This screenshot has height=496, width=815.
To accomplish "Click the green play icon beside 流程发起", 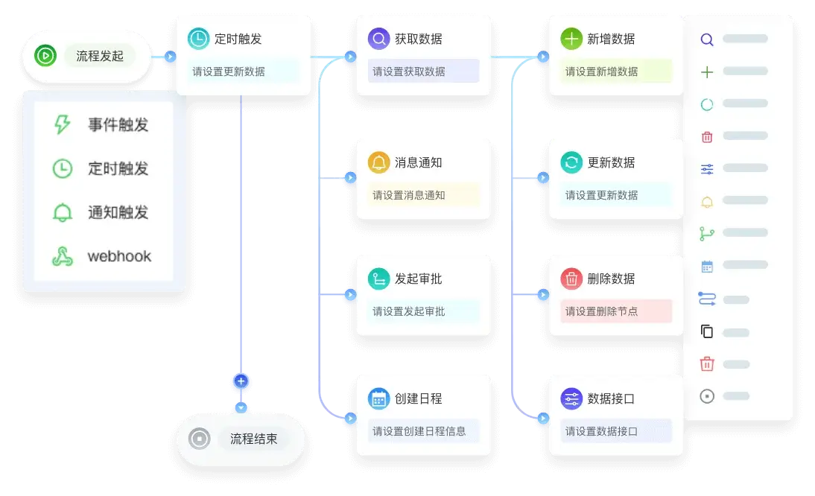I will pyautogui.click(x=45, y=55).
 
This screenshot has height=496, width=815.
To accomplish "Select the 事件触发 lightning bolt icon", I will pyautogui.click(x=62, y=124).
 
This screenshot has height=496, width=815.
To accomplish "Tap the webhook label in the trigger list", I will pyautogui.click(x=119, y=256).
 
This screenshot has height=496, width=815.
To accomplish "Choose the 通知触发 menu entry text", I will pyautogui.click(x=118, y=212).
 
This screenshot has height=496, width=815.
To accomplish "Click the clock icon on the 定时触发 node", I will pyautogui.click(x=198, y=39).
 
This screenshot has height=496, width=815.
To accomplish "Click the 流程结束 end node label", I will pyautogui.click(x=253, y=439).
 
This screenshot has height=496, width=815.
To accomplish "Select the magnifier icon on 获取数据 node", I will pyautogui.click(x=378, y=39).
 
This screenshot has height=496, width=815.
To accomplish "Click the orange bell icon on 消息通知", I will pyautogui.click(x=378, y=162).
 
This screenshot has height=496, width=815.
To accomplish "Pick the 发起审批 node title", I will pyautogui.click(x=418, y=279).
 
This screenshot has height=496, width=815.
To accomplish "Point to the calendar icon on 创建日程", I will pyautogui.click(x=378, y=398).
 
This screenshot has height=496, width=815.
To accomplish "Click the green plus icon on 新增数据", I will pyautogui.click(x=571, y=39).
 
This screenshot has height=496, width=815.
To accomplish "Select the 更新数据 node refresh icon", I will pyautogui.click(x=571, y=162).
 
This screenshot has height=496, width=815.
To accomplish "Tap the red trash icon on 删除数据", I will pyautogui.click(x=571, y=279).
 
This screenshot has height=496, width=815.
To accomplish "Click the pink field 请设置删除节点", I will pyautogui.click(x=616, y=311).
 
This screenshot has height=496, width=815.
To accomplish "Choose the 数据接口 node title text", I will pyautogui.click(x=611, y=398).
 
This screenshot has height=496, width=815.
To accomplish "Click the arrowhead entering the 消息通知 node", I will pyautogui.click(x=349, y=179).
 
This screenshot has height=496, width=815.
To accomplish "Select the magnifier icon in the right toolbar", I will pyautogui.click(x=707, y=39).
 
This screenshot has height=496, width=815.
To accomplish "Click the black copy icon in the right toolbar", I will pyautogui.click(x=707, y=332).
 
